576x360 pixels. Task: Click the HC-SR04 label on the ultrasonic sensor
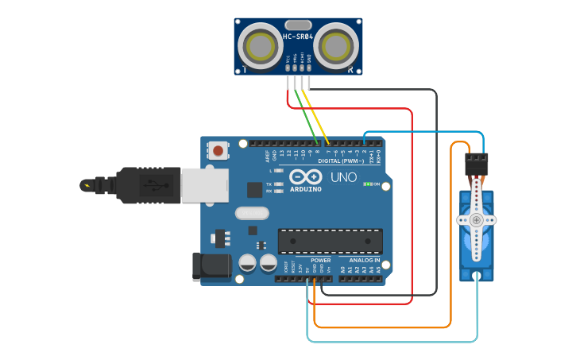pos(298,37)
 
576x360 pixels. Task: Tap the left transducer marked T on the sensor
pos(260,46)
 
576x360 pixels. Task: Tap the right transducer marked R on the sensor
pos(335,46)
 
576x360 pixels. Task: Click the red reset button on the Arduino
pos(218,150)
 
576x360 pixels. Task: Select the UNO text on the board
pos(343,177)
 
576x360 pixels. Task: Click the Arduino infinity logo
pos(305,177)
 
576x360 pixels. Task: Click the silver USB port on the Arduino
pos(204,185)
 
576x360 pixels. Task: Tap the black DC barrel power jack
pos(210,267)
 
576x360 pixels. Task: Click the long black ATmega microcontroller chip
pos(330,241)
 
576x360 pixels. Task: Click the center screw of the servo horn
pos(476,219)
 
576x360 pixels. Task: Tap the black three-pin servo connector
pos(476,164)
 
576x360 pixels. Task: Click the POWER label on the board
pos(321,261)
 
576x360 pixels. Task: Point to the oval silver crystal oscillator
pos(252,213)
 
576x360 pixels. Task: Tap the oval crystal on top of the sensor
pos(298,25)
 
